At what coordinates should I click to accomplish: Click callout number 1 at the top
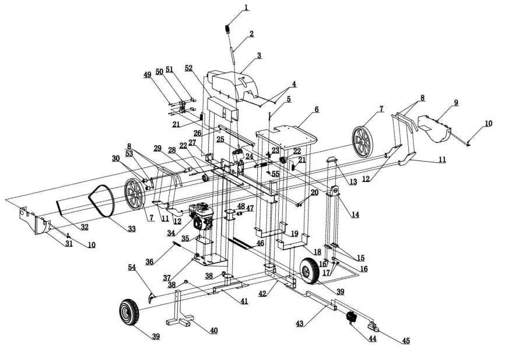tap(246, 8)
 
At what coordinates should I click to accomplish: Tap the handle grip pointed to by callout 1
tap(229, 29)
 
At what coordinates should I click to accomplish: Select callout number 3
tap(258, 55)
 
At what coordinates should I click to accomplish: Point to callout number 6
tap(317, 109)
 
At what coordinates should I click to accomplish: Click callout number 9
tap(456, 103)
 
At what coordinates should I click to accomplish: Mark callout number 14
tap(355, 214)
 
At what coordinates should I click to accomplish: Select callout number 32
tap(85, 226)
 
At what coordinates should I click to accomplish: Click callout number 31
tap(69, 243)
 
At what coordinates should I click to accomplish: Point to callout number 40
tap(213, 330)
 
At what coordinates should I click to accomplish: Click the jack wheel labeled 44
tap(351, 317)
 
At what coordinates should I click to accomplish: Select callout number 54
tap(132, 267)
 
